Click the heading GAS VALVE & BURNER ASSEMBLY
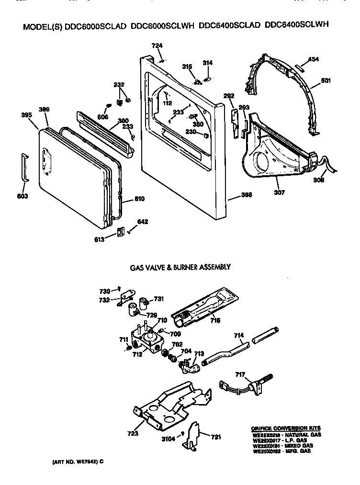pos(180,267)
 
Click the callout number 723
pos(133,434)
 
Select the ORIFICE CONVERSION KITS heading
pos(286,429)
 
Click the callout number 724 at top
pos(157,45)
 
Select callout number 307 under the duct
pos(279,192)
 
